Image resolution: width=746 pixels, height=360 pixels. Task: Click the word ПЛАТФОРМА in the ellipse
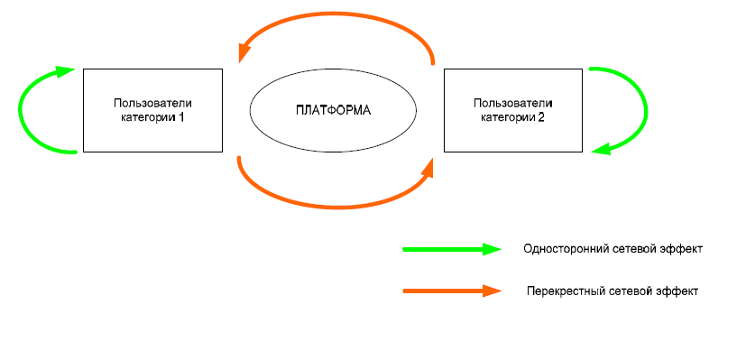click(x=333, y=110)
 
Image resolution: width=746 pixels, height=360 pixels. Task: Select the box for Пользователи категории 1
click(x=152, y=110)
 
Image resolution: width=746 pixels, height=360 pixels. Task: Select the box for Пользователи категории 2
click(x=513, y=110)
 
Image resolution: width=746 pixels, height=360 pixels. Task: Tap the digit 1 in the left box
click(x=180, y=116)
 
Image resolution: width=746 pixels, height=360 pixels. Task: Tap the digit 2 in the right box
click(x=541, y=116)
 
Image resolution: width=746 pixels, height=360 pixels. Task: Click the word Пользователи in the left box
click(x=152, y=103)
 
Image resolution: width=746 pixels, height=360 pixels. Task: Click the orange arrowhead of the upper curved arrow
click(x=244, y=51)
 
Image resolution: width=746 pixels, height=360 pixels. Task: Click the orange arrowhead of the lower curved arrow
click(x=427, y=169)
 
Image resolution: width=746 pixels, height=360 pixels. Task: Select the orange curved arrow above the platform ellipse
click(x=336, y=14)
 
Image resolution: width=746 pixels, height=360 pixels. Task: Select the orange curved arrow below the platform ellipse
click(x=336, y=207)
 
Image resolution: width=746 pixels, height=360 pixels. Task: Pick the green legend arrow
click(x=452, y=249)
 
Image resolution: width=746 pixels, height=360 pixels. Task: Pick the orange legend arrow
click(x=452, y=291)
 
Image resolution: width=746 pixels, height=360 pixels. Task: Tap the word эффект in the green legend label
click(x=683, y=249)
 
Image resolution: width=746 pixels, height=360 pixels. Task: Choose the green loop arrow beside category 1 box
click(x=20, y=110)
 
